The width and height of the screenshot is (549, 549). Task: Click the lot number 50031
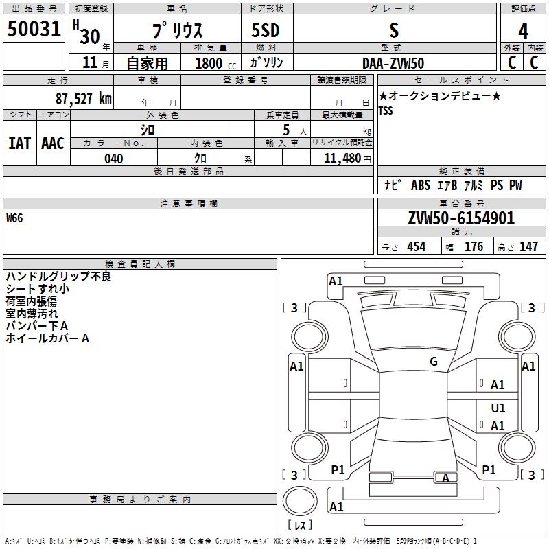pyautogui.click(x=34, y=30)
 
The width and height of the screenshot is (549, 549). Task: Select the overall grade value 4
pyautogui.click(x=523, y=32)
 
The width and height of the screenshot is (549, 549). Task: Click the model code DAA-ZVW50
pyautogui.click(x=393, y=63)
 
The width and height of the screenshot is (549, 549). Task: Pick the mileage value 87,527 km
pyautogui.click(x=82, y=98)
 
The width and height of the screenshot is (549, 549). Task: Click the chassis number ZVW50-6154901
pyautogui.click(x=461, y=218)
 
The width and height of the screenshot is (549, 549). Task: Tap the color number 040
pyautogui.click(x=114, y=159)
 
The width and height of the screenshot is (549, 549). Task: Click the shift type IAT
pyautogui.click(x=19, y=143)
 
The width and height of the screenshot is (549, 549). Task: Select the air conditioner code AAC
pyautogui.click(x=53, y=143)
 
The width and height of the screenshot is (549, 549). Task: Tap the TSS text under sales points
pyautogui.click(x=386, y=110)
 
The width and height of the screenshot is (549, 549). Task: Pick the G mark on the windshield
pyautogui.click(x=434, y=362)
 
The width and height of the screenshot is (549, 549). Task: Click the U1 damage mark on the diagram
pyautogui.click(x=498, y=408)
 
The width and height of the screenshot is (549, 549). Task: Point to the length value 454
pyautogui.click(x=416, y=247)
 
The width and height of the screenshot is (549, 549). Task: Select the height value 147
pyautogui.click(x=528, y=247)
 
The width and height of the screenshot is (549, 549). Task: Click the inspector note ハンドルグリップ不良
pyautogui.click(x=58, y=277)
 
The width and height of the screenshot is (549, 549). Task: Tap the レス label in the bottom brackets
pyautogui.click(x=300, y=526)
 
